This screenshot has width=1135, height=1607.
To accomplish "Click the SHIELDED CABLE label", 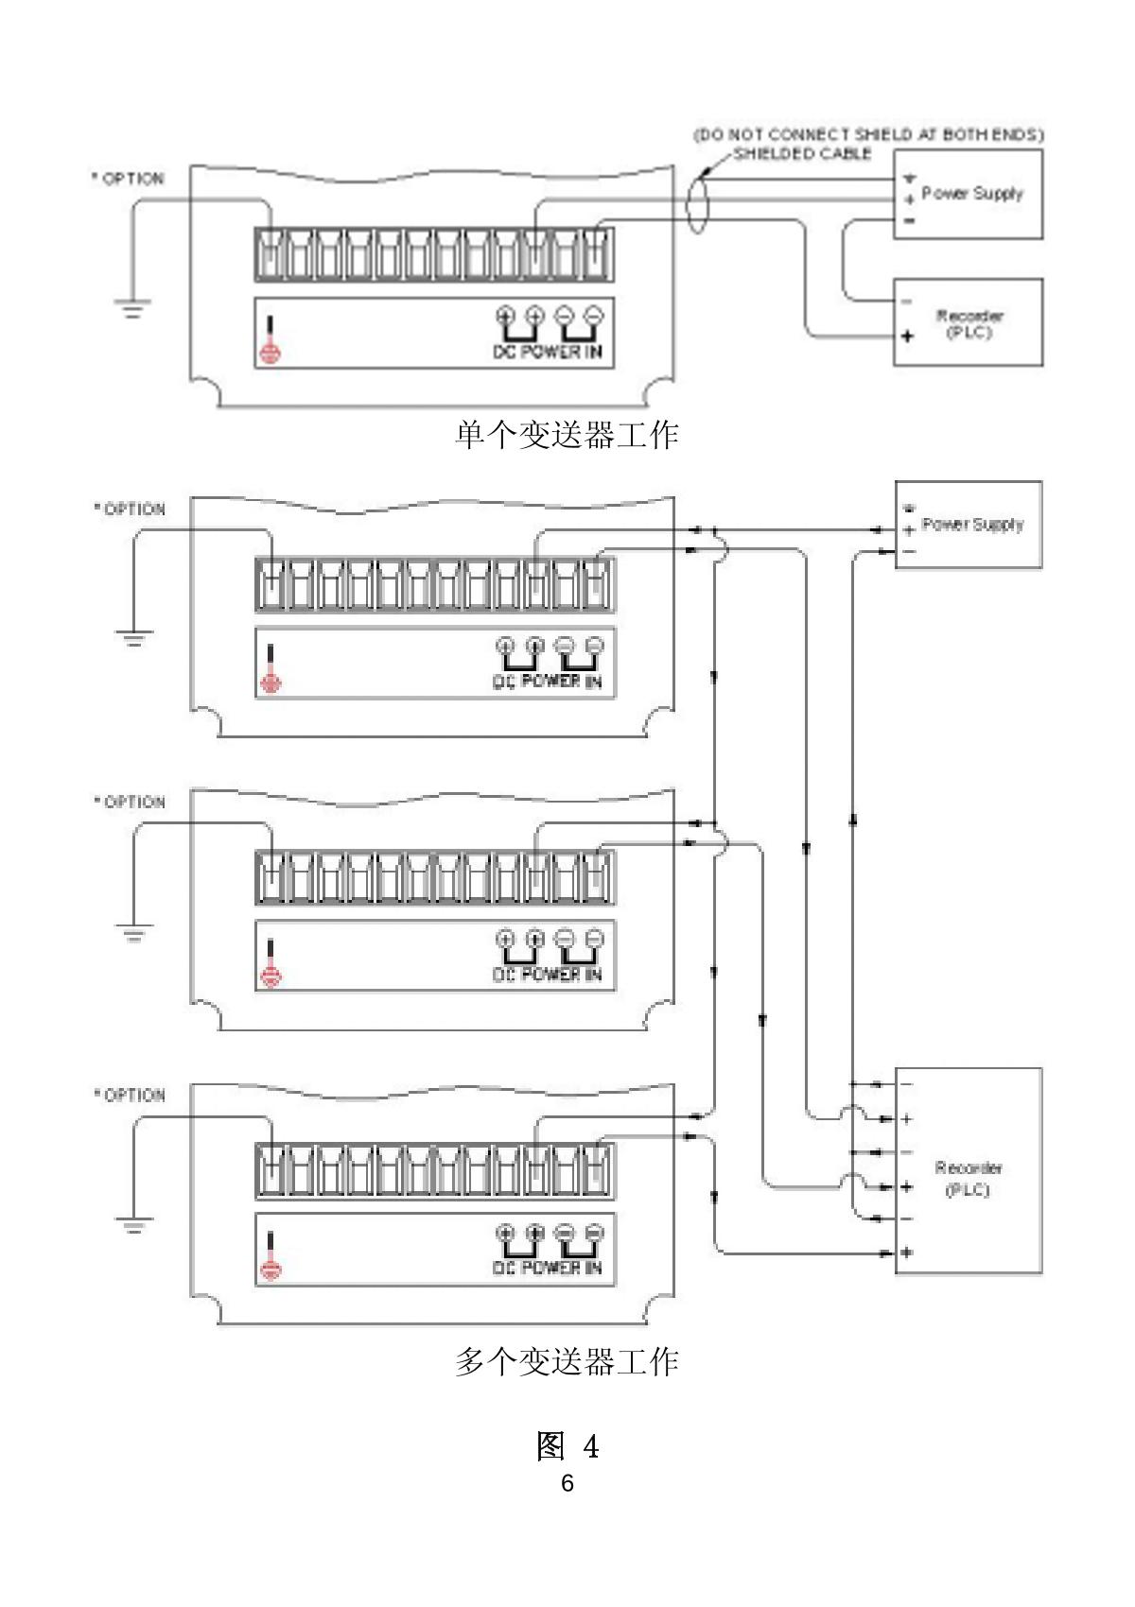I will pos(802,153).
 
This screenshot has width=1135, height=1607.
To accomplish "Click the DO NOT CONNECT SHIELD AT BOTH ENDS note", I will pos(868,134).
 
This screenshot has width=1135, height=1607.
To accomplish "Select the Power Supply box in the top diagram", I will pos(969,194).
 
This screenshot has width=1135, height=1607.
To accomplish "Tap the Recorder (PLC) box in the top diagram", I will pos(969,322).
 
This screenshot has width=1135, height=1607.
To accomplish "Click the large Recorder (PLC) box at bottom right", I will pos(969,1172).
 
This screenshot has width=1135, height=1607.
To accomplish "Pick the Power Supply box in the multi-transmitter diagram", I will pos(969,525).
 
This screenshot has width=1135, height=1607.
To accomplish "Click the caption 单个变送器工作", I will pos(567,435).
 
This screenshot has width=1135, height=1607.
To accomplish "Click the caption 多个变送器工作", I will pos(567,1362).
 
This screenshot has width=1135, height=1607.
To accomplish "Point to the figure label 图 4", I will pos(567,1445).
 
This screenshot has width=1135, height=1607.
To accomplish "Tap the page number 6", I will pos(567,1483).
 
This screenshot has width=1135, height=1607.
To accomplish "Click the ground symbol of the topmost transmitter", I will pos(132,307).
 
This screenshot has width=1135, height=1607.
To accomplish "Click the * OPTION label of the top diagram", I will pos(128,179).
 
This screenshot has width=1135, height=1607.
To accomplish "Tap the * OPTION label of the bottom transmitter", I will pos(130,1095).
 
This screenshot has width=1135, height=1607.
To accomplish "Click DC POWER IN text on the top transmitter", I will pos(549,352).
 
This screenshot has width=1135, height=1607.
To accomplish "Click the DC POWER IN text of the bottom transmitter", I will pos(548,1268).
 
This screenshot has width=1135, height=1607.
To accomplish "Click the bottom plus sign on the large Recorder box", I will pos(907,1253).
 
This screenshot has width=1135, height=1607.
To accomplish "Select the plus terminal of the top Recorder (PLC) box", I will pos(907,336).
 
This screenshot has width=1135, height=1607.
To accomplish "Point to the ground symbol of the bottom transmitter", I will pos(133,1225).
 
